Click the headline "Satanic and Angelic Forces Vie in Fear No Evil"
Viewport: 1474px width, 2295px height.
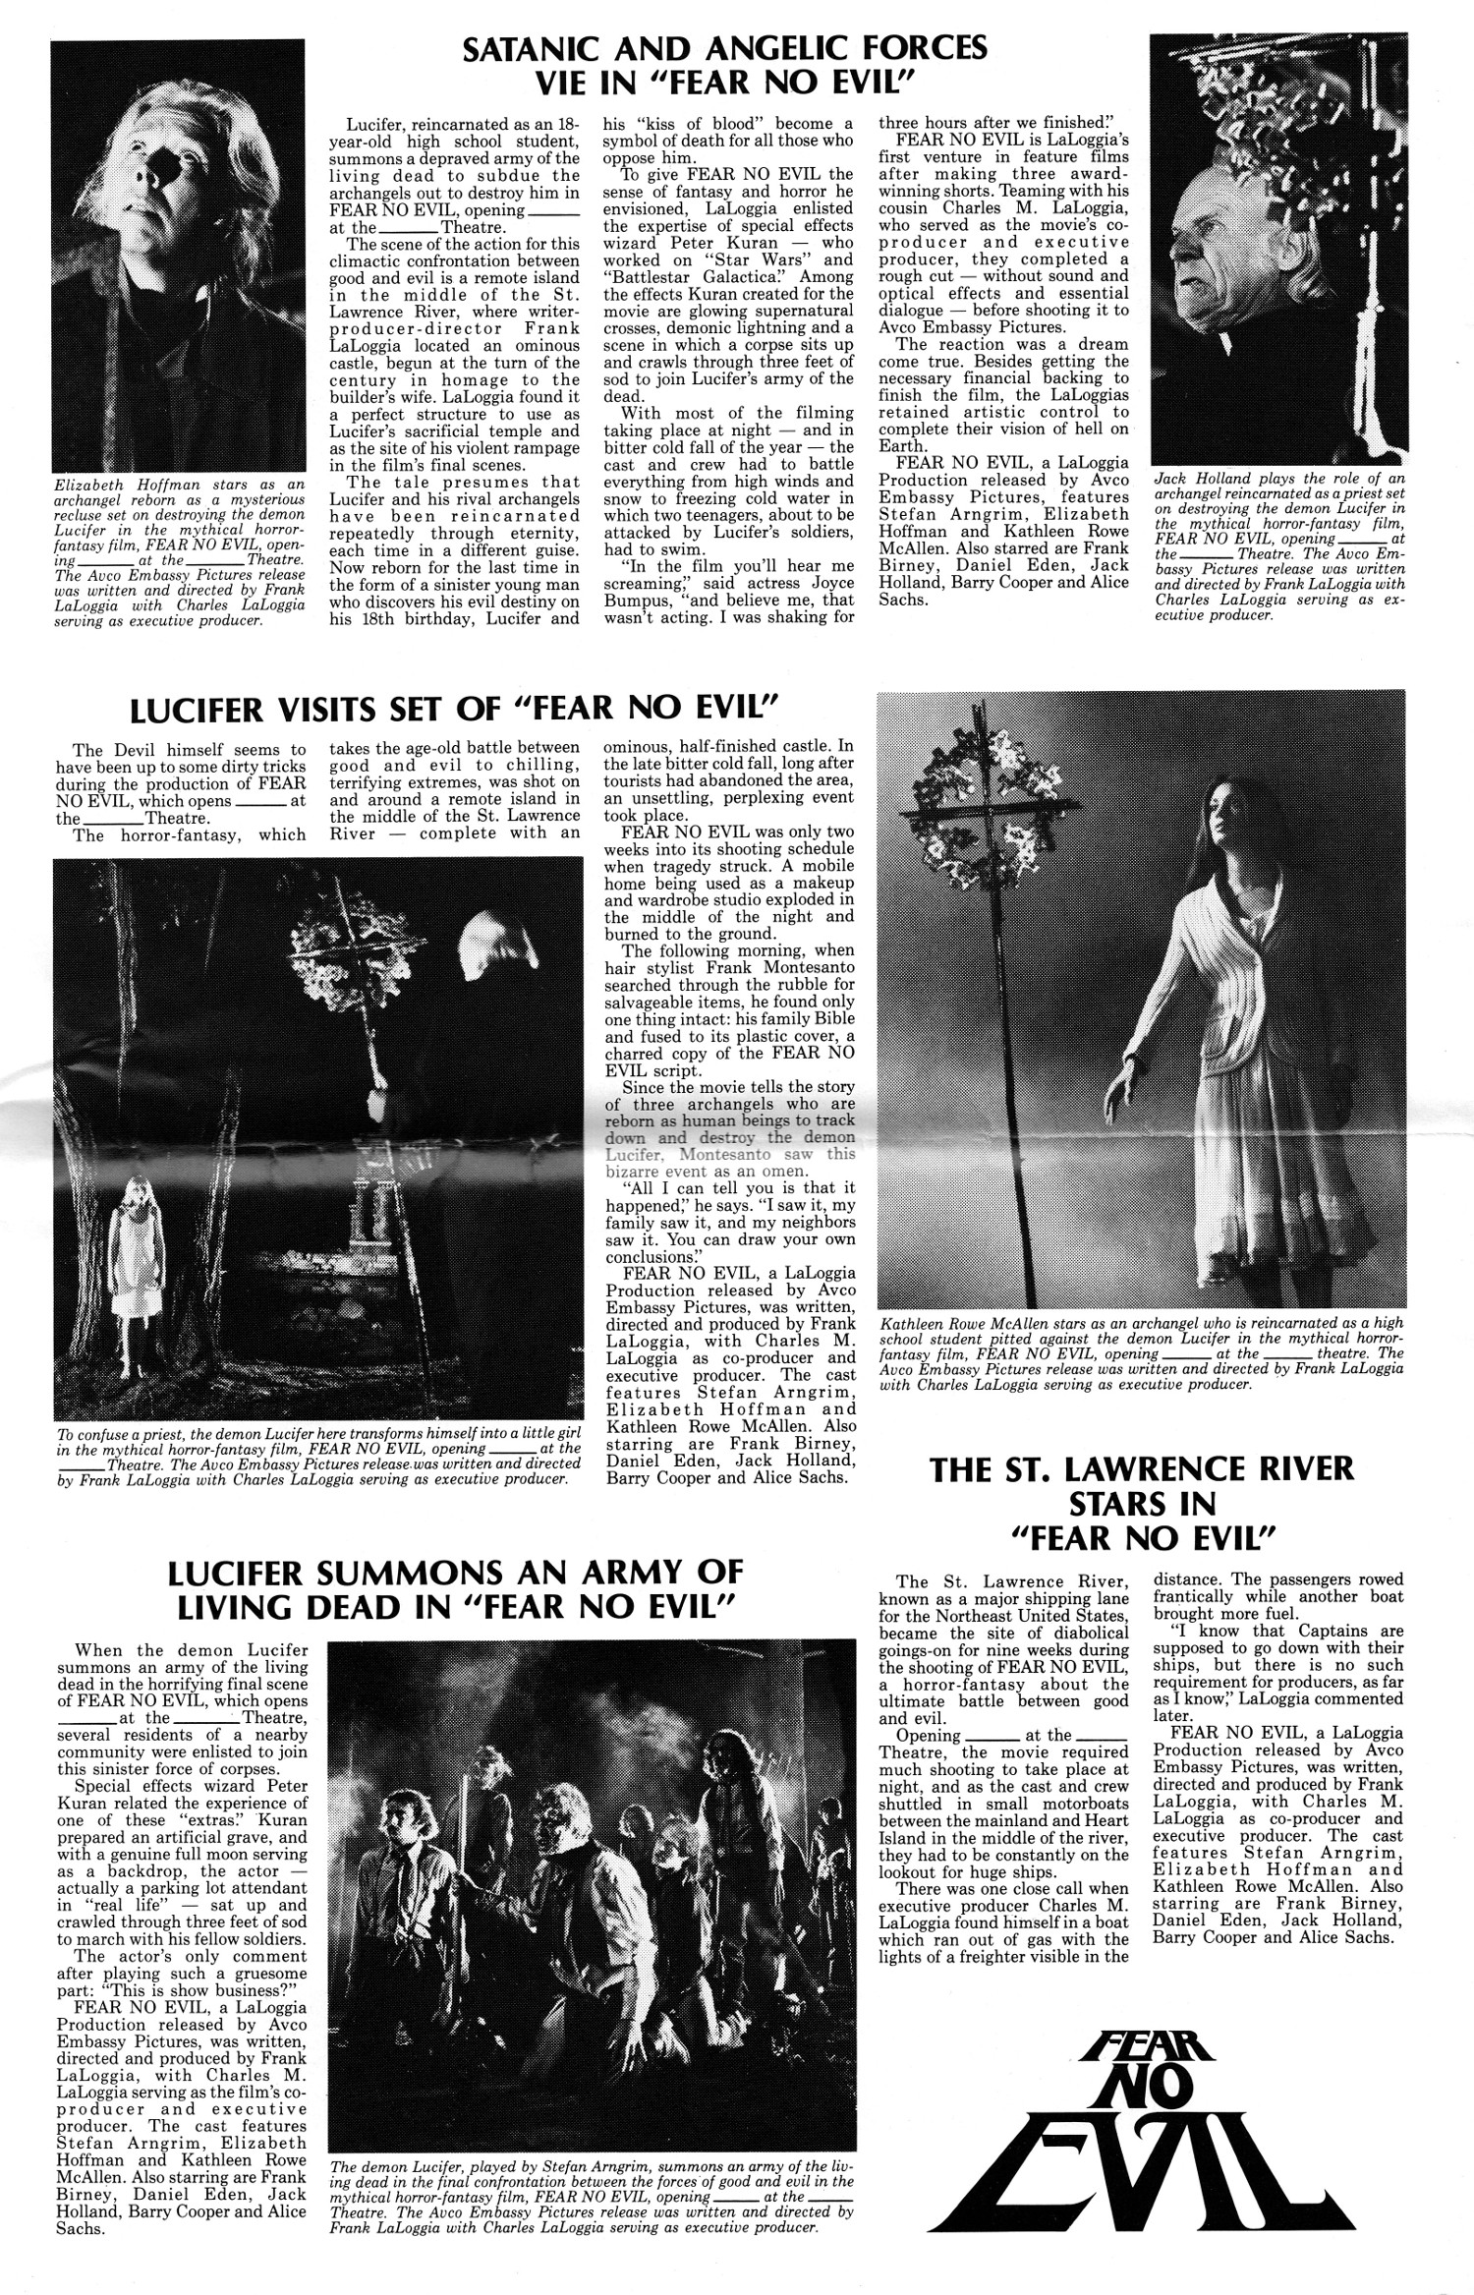[x=724, y=65]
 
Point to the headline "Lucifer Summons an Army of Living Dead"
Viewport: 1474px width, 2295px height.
[x=454, y=1588]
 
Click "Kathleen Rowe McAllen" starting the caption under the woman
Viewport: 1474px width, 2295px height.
[x=964, y=1323]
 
